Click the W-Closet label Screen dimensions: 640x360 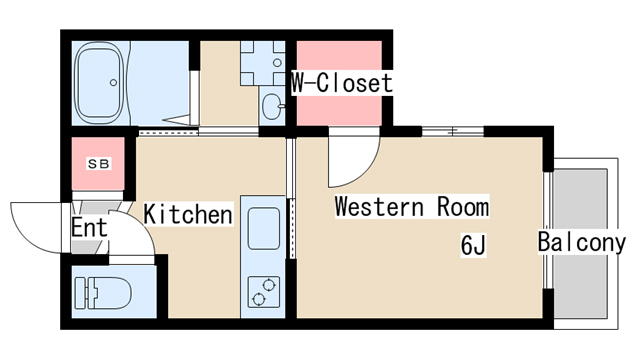[342, 83]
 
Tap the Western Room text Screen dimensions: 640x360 [412, 206]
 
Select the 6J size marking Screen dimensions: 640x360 [473, 245]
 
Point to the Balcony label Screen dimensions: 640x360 [581, 242]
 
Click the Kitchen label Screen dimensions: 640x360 [188, 214]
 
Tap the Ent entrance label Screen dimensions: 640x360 [89, 227]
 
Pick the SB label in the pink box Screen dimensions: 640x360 [99, 164]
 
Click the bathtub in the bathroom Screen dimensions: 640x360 [100, 83]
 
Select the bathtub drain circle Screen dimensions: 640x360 [113, 83]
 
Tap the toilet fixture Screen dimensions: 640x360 [103, 293]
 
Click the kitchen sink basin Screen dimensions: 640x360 [264, 228]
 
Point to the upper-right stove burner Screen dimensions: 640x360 [269, 284]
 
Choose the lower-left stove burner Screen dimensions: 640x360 [258, 299]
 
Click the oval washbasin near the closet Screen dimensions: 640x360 [272, 106]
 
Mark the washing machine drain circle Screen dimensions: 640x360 [278, 63]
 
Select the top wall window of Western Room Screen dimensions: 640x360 [453, 131]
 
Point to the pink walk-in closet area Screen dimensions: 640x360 [339, 83]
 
